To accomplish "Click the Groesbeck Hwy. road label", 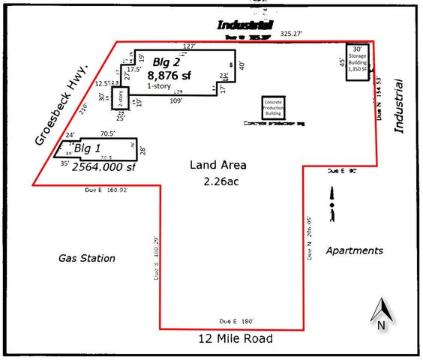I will click(62, 105).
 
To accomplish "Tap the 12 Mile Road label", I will click(235, 339).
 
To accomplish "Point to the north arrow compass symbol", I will click(381, 314).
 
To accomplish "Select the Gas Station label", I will click(87, 258).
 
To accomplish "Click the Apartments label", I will click(355, 250).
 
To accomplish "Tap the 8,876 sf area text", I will click(170, 75).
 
